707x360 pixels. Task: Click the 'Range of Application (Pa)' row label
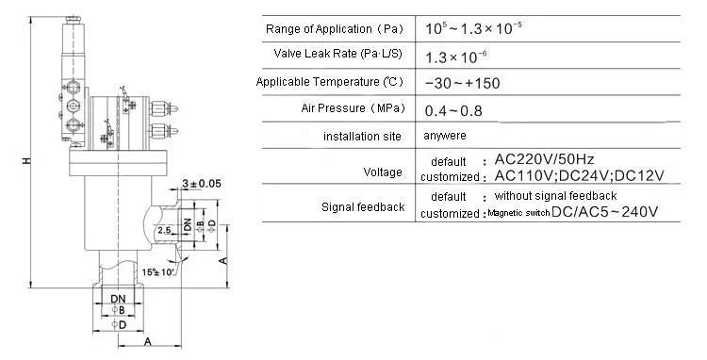coord(334,29)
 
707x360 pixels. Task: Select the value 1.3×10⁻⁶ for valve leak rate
coord(456,57)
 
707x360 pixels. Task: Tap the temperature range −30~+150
coord(462,83)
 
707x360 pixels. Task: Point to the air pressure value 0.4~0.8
coord(453,110)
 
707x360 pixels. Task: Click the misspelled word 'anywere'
coord(445,136)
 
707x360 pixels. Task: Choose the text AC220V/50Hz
coord(544,159)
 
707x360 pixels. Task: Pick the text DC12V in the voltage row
coord(639,175)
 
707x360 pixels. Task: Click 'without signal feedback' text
coord(555,195)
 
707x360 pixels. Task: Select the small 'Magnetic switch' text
coord(518,212)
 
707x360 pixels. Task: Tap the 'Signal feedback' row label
coord(363,207)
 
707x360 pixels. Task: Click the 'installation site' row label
coord(362,136)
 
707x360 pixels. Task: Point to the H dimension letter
coord(27,160)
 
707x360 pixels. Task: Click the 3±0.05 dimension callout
coord(202,184)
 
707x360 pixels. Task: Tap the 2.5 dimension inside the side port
coord(164,230)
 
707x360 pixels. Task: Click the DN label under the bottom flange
coord(118,299)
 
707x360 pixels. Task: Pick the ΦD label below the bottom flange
coord(119,324)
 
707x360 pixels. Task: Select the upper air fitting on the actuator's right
coord(163,108)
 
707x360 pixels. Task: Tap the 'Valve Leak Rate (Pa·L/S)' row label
coord(337,54)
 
